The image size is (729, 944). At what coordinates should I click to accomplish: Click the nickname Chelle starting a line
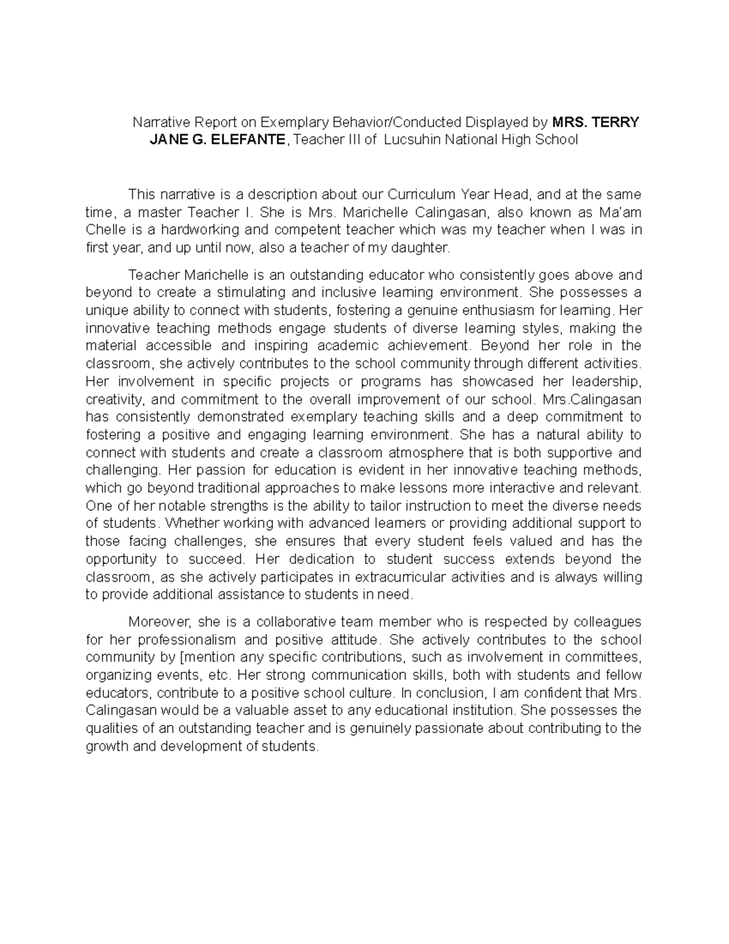106,230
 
